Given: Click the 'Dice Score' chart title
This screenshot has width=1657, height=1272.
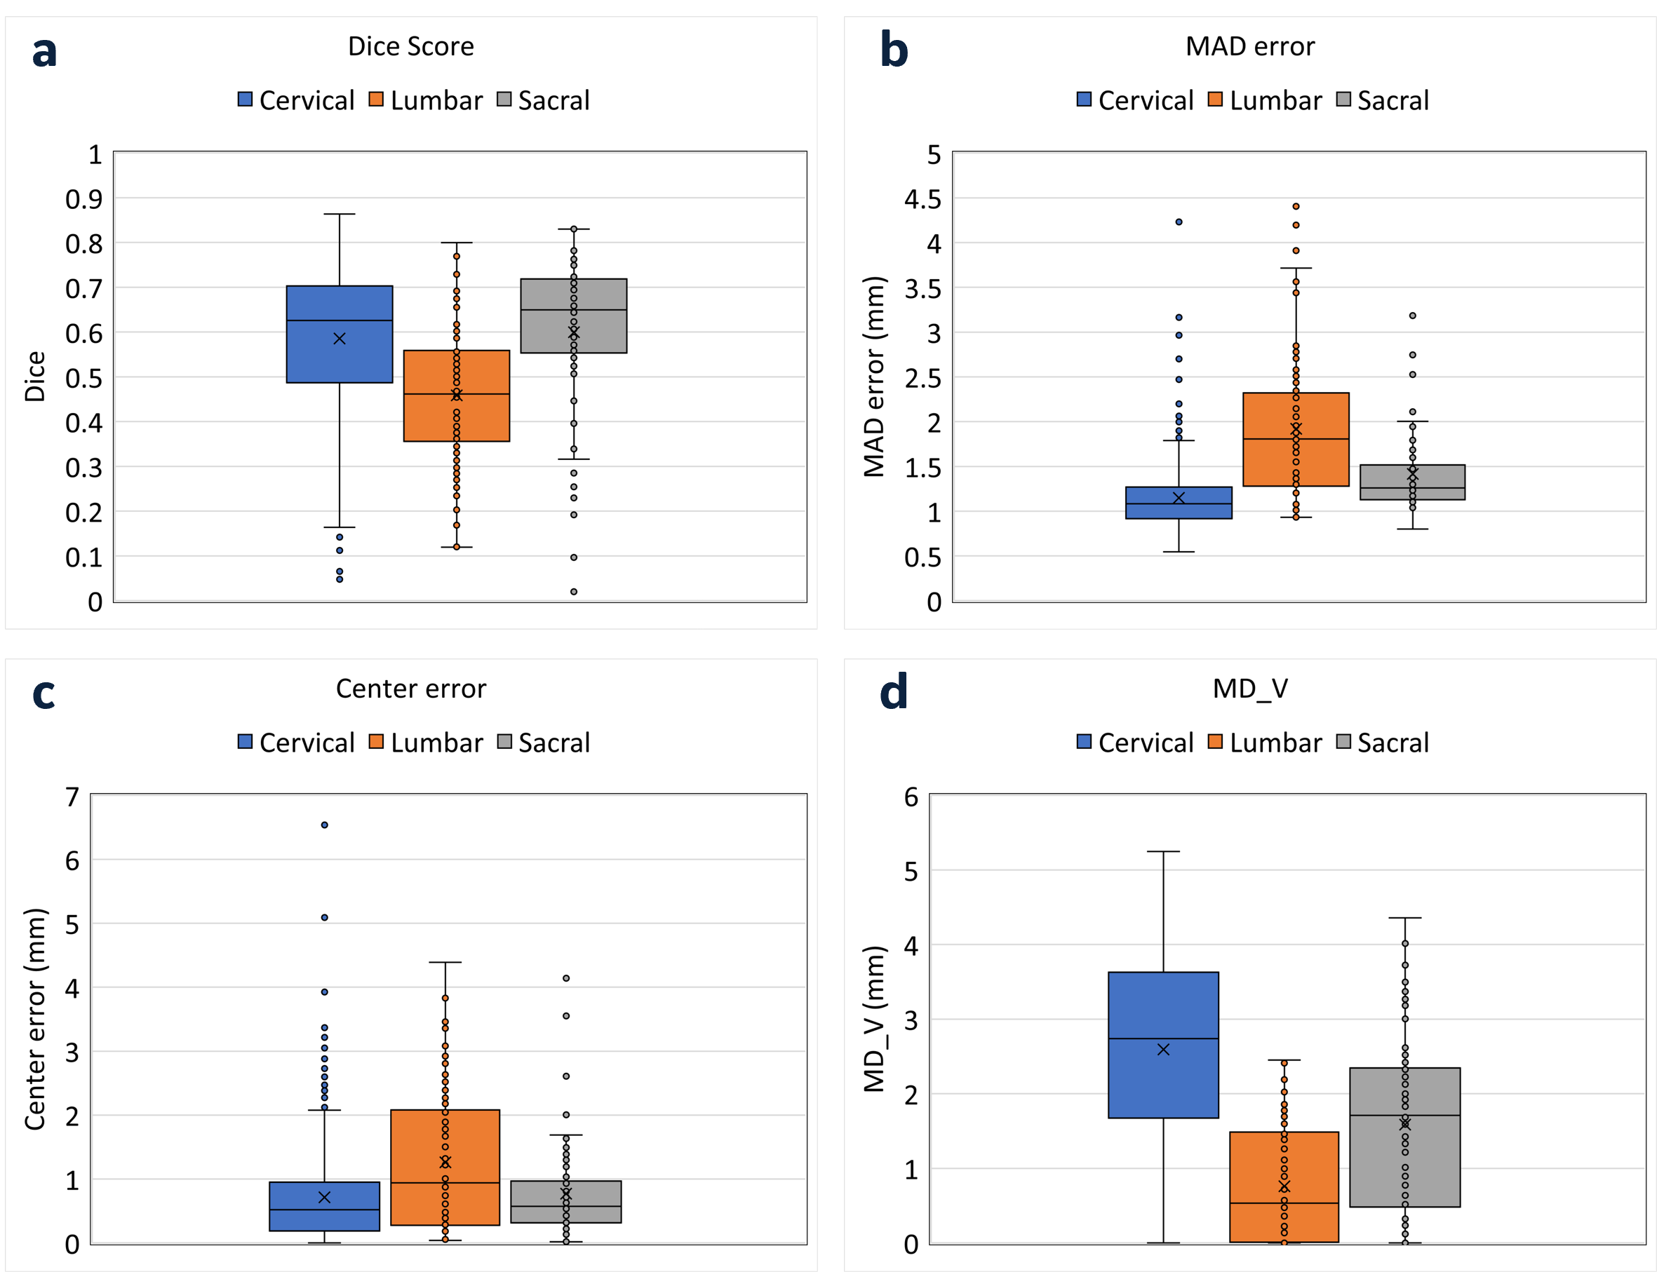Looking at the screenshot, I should tap(410, 46).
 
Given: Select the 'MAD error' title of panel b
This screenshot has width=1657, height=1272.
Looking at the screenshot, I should tap(1249, 46).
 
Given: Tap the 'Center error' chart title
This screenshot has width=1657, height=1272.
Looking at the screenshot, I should tap(410, 689).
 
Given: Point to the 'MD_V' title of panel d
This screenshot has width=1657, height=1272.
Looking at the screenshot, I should tap(1249, 689).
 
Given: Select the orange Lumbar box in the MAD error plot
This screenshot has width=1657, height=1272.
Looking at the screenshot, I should tap(1296, 462).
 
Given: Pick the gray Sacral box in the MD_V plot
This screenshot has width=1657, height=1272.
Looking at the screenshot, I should tap(1405, 1158).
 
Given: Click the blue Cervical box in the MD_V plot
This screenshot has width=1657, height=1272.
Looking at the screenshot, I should tap(1163, 1007).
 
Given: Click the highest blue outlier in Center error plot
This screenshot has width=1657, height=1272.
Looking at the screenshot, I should tap(324, 825).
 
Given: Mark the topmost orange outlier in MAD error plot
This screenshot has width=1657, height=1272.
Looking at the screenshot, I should tap(1296, 206).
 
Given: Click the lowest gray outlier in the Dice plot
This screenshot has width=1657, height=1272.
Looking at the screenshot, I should tap(573, 591).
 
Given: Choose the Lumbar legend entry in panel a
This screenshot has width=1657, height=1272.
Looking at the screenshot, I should tap(427, 101).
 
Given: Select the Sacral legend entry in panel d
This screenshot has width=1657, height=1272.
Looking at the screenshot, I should tap(1383, 743).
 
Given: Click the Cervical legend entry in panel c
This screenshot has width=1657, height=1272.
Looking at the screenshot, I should tap(296, 743).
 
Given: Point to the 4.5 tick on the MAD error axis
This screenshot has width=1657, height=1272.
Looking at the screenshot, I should tap(923, 199).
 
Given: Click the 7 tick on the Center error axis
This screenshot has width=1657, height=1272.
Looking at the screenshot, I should tap(72, 797).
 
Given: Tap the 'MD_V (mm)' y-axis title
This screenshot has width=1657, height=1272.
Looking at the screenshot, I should tap(874, 1018).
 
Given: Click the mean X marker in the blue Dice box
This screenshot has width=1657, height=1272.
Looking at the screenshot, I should tap(340, 339).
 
